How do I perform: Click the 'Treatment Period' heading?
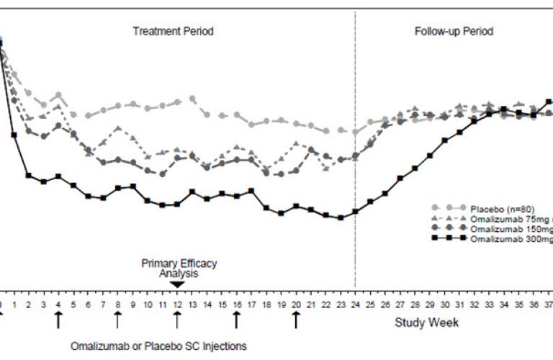click(x=173, y=32)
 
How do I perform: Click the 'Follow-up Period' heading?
click(x=454, y=32)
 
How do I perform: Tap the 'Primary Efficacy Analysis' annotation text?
click(x=179, y=268)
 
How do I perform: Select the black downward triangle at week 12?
click(x=177, y=284)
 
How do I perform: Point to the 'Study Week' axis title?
click(x=426, y=323)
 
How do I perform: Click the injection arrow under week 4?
click(x=58, y=318)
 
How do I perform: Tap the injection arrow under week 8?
click(x=118, y=318)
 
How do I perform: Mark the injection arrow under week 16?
click(x=236, y=318)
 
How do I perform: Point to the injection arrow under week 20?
click(x=296, y=318)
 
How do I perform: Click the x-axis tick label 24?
click(x=355, y=305)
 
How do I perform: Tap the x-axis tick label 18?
click(x=266, y=305)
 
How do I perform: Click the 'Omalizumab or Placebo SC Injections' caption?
click(x=158, y=346)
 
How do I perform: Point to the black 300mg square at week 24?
click(x=355, y=212)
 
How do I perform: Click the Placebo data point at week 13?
click(x=192, y=99)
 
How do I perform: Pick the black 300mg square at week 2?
click(x=29, y=175)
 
